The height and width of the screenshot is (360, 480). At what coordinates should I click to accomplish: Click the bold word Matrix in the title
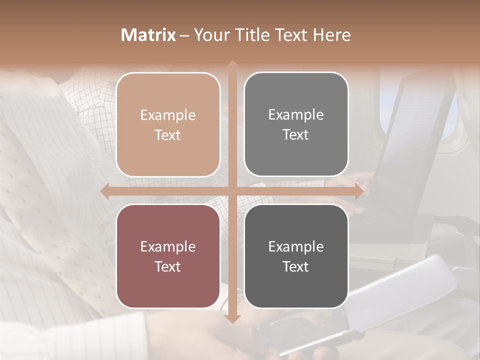(148, 35)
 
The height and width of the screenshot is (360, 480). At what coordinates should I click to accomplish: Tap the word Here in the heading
(332, 35)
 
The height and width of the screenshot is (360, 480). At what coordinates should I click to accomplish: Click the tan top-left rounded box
(168, 124)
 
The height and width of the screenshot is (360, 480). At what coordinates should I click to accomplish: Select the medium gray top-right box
(296, 124)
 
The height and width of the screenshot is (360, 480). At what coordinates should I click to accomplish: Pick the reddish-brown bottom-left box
(168, 256)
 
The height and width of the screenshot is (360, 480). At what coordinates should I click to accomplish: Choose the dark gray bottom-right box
(296, 256)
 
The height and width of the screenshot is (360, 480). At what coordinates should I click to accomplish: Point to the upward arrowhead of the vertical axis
(232, 64)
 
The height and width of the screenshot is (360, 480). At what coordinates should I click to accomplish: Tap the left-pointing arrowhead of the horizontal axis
(104, 191)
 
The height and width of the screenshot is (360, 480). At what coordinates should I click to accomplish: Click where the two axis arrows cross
(232, 191)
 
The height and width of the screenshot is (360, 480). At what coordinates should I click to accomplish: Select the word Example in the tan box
(168, 115)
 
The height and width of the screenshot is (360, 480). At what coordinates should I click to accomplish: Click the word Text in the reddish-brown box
(168, 266)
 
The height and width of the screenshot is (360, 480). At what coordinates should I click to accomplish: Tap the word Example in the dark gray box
(296, 246)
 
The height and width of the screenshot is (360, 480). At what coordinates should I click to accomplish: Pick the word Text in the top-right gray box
(296, 134)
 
